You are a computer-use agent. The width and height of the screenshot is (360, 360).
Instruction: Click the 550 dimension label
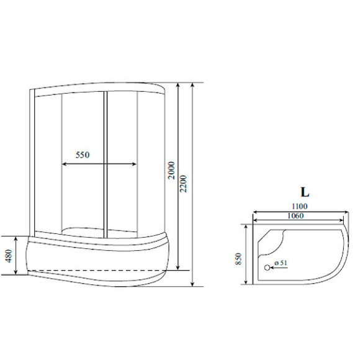pyautogui.click(x=83, y=155)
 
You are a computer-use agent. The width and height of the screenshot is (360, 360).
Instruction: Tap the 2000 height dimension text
pyautogui.click(x=171, y=170)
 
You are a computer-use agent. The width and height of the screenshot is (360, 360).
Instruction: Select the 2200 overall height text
pyautogui.click(x=184, y=184)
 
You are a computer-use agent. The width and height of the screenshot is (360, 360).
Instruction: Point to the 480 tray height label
pyautogui.click(x=9, y=256)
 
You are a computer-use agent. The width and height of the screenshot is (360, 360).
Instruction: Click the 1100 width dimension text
pyautogui.click(x=299, y=207)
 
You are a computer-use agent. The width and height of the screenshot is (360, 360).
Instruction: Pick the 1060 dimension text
pyautogui.click(x=295, y=216)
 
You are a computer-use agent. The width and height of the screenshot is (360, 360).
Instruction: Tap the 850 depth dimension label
pyautogui.click(x=238, y=259)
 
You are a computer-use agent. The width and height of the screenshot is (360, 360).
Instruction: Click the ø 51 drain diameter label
pyautogui.click(x=281, y=263)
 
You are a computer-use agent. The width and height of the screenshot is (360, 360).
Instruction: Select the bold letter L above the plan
pyautogui.click(x=305, y=192)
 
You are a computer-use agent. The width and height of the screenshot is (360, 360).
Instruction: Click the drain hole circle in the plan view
pyautogui.click(x=267, y=268)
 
